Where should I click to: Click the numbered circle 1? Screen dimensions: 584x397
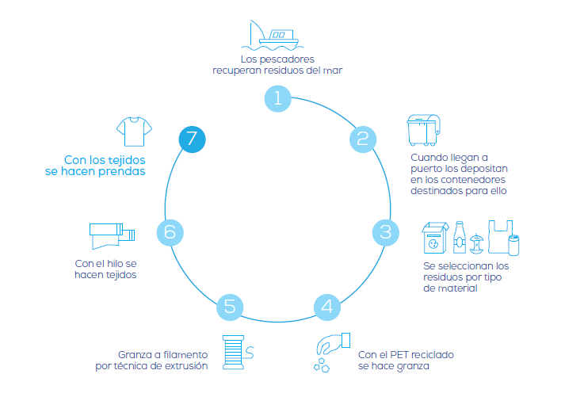278,99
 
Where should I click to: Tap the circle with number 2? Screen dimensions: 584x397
363,139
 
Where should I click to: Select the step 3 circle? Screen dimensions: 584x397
386,232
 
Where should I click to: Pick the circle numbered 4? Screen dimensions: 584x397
327,307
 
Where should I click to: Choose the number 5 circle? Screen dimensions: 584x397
230,307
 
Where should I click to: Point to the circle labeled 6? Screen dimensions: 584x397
170,232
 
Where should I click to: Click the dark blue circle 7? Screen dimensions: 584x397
193,139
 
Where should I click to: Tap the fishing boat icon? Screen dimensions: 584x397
273,36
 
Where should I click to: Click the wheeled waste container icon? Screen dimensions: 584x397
424,130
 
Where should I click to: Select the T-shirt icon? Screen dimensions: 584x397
134,132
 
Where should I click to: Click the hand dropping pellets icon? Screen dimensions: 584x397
332,353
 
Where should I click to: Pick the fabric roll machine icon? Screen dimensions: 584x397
112,236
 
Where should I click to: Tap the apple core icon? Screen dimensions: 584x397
476,244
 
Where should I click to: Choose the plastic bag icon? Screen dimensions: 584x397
500,237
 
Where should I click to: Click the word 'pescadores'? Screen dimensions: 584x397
287,59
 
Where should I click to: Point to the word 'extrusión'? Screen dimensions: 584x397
186,366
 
